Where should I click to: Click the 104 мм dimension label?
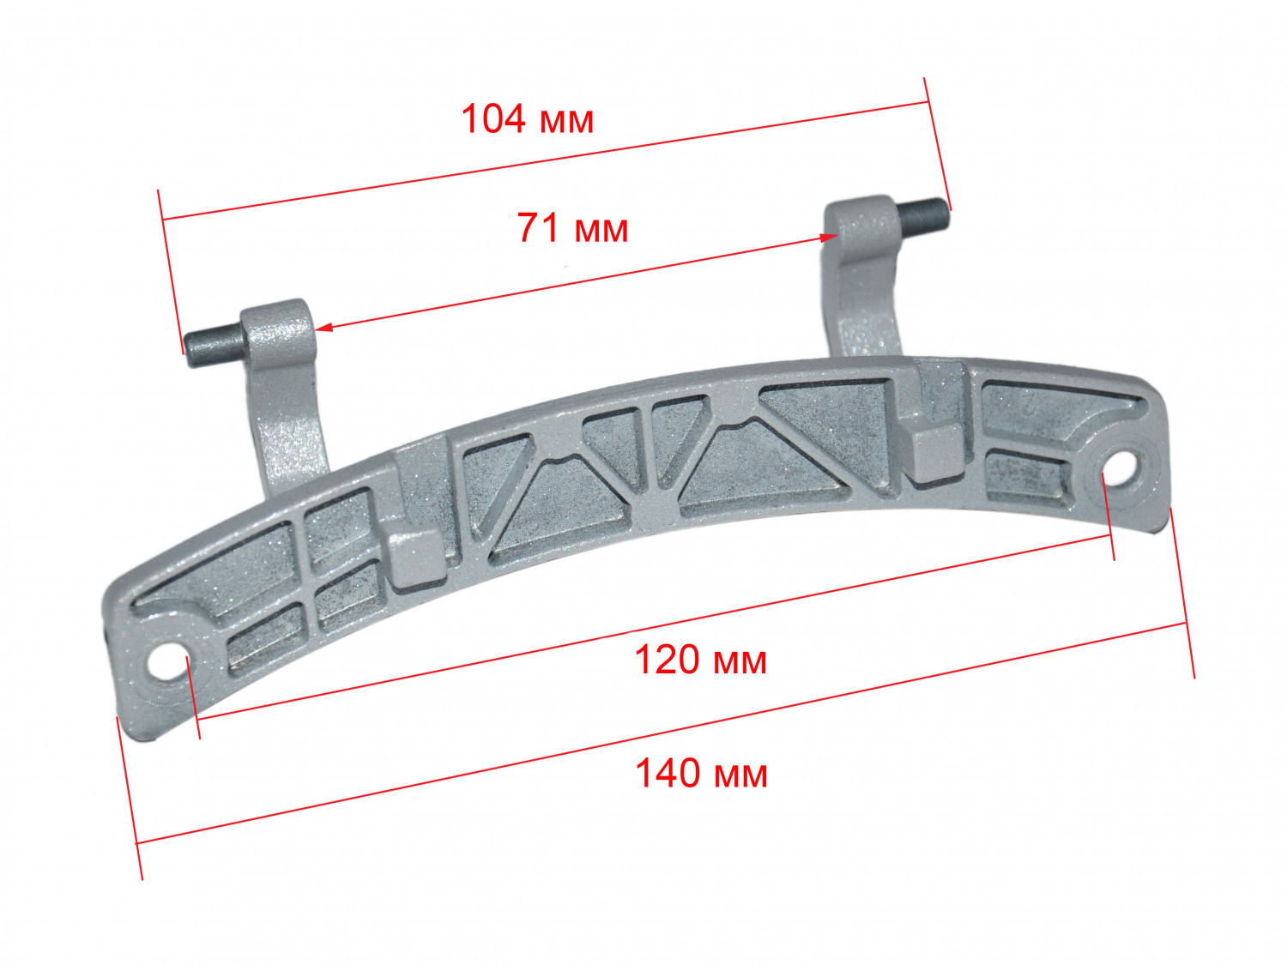click(x=527, y=119)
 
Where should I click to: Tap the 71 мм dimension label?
click(x=572, y=228)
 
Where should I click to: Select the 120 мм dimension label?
click(x=701, y=660)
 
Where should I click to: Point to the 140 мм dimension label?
click(x=701, y=773)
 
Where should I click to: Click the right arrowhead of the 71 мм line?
click(x=828, y=238)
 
